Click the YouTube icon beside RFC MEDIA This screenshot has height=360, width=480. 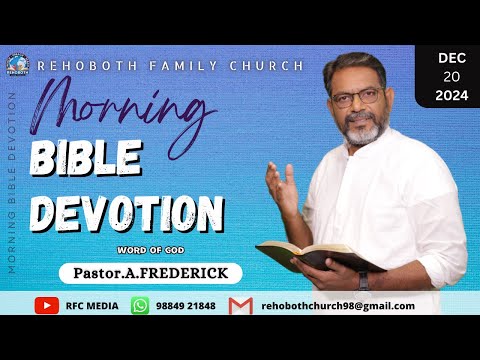pyautogui.click(x=47, y=305)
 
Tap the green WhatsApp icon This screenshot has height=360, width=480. pyautogui.click(x=140, y=305)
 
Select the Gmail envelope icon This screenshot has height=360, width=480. pyautogui.click(x=240, y=305)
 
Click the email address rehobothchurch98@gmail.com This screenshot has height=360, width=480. pyautogui.click(x=338, y=305)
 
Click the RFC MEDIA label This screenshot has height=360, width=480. pyautogui.click(x=87, y=305)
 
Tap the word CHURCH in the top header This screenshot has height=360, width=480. pyautogui.click(x=271, y=66)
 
